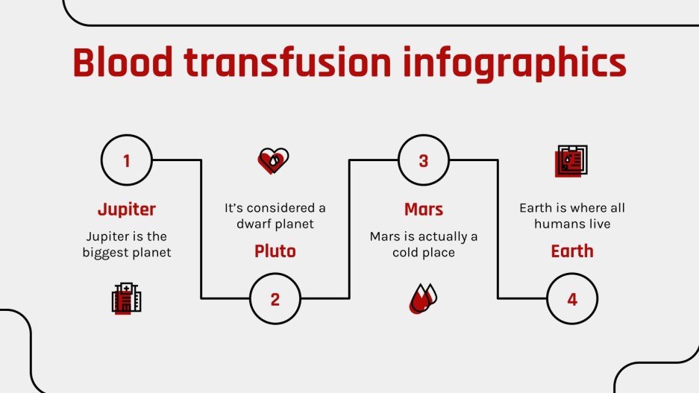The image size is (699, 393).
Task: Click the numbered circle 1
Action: pos(126,160)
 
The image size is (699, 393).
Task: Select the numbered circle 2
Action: pos(275,299)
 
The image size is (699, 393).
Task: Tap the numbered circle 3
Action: pos(423,160)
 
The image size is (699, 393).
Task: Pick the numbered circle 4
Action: pos(572,299)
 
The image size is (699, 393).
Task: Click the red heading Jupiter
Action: pos(126,209)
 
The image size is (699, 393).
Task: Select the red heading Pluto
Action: pos(275,251)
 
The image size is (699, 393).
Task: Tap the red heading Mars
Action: pos(423,209)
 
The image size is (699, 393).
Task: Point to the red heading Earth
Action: pos(572,251)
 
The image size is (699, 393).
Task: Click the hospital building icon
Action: pos(126,299)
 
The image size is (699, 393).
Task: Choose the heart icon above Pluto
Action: pos(273,160)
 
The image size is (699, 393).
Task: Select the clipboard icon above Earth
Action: pos(571,160)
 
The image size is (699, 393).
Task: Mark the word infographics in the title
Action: pos(514,63)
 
